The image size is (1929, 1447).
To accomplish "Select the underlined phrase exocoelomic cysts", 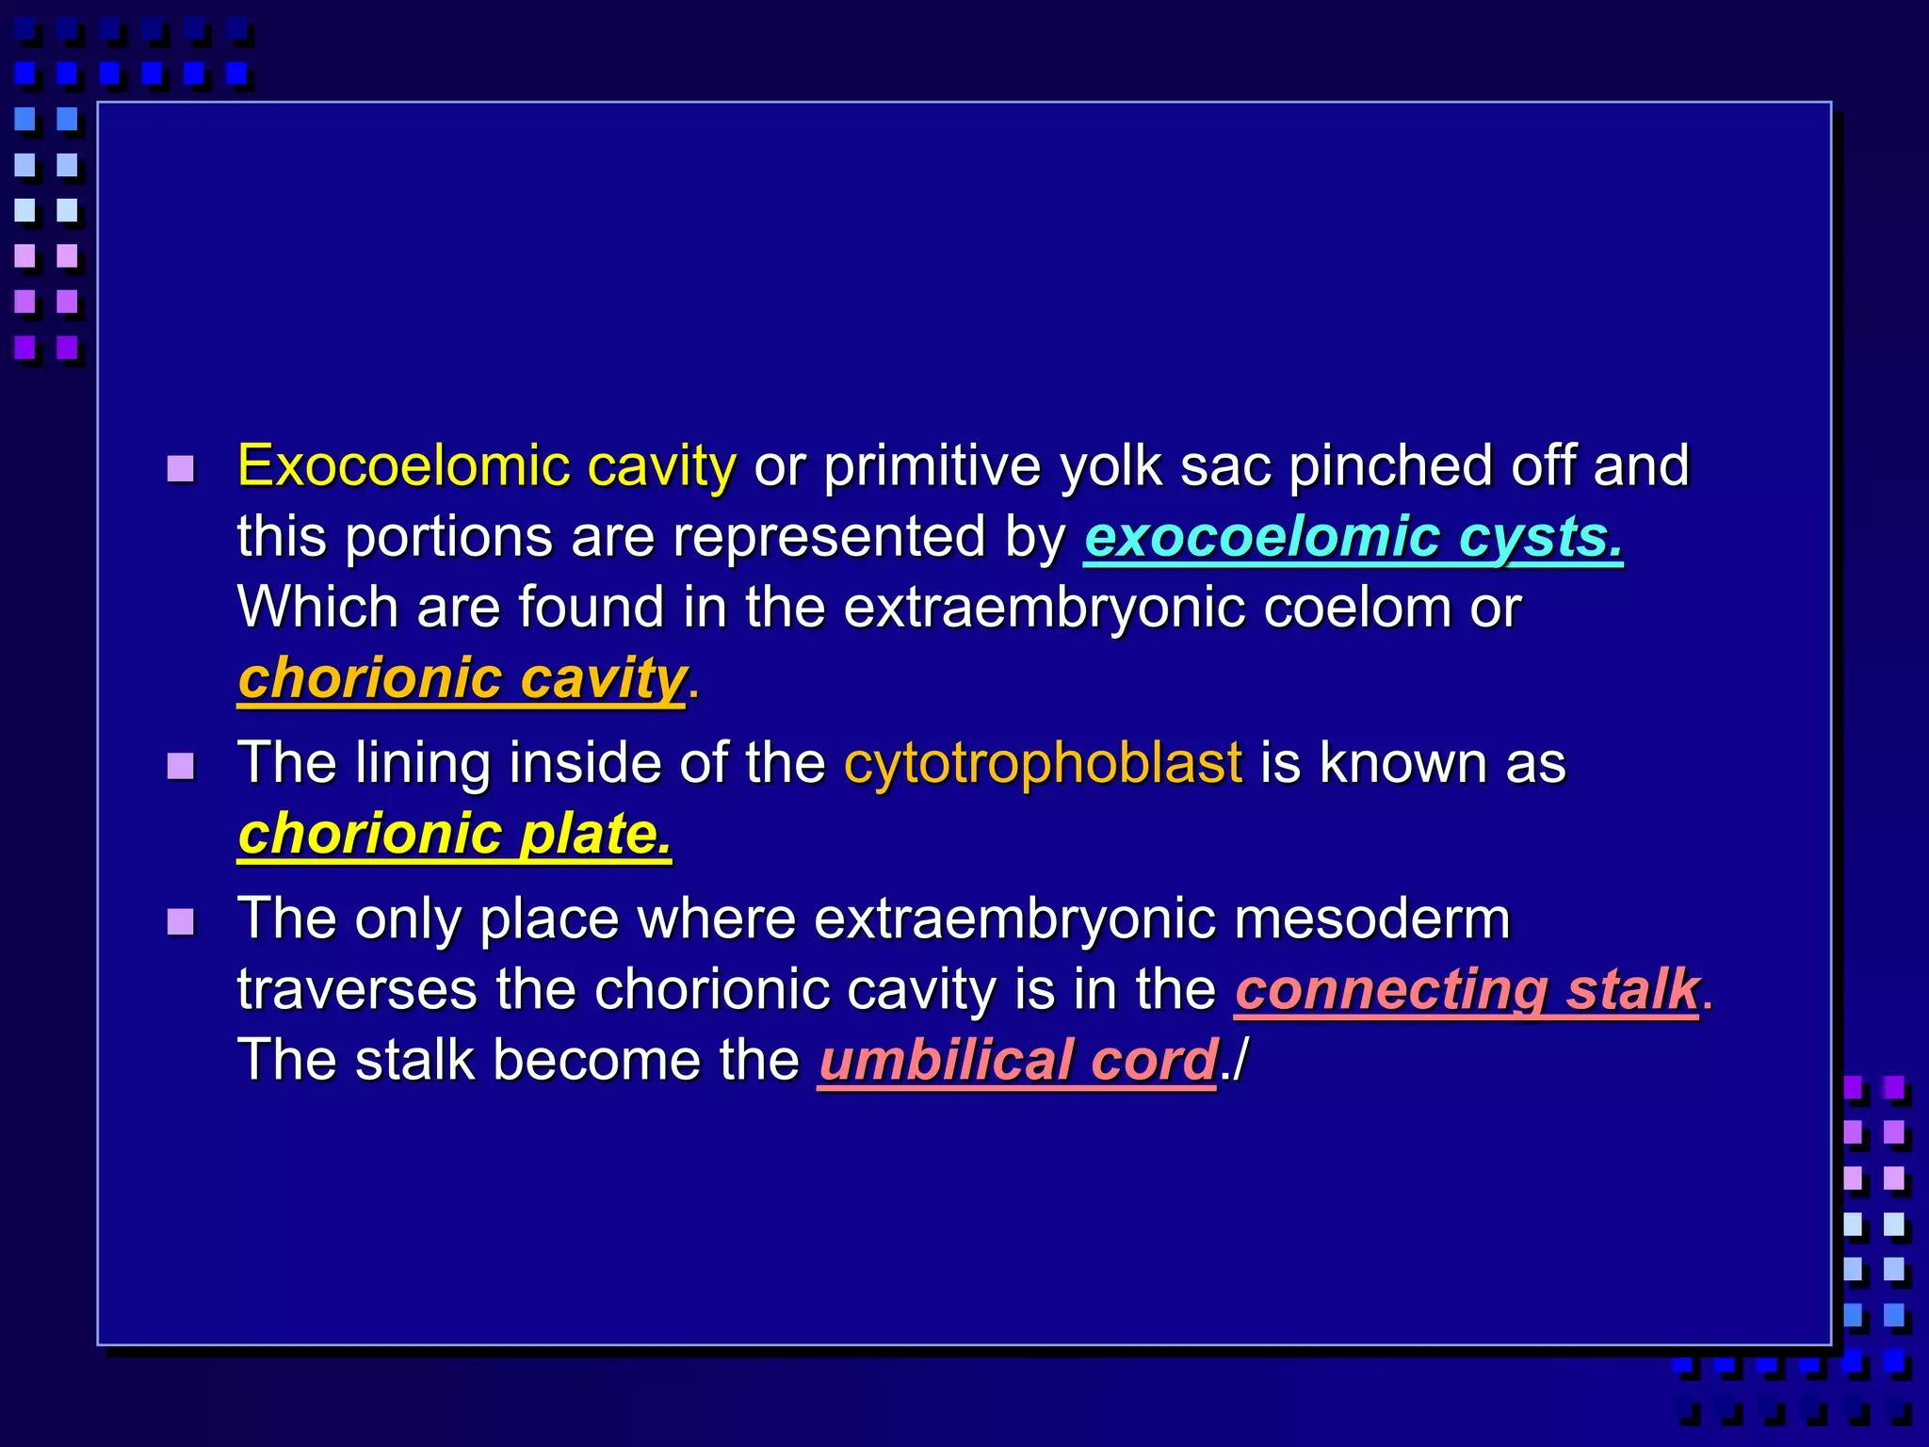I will click(x=1353, y=538).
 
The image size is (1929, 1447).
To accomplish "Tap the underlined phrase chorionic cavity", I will click(x=462, y=679).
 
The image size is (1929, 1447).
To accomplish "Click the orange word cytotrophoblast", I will click(x=1043, y=763).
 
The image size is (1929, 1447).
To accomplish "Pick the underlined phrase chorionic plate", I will click(x=454, y=835).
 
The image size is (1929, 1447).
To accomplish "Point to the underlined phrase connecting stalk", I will click(x=1467, y=990).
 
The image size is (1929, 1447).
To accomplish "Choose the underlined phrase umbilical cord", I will click(x=1017, y=1061).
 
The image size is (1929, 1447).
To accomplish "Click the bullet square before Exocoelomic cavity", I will click(x=180, y=468).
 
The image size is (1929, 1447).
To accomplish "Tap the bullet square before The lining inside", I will click(x=180, y=766).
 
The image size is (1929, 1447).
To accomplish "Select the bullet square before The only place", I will click(x=180, y=921).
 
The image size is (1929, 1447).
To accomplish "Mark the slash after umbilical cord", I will click(x=1239, y=1061).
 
